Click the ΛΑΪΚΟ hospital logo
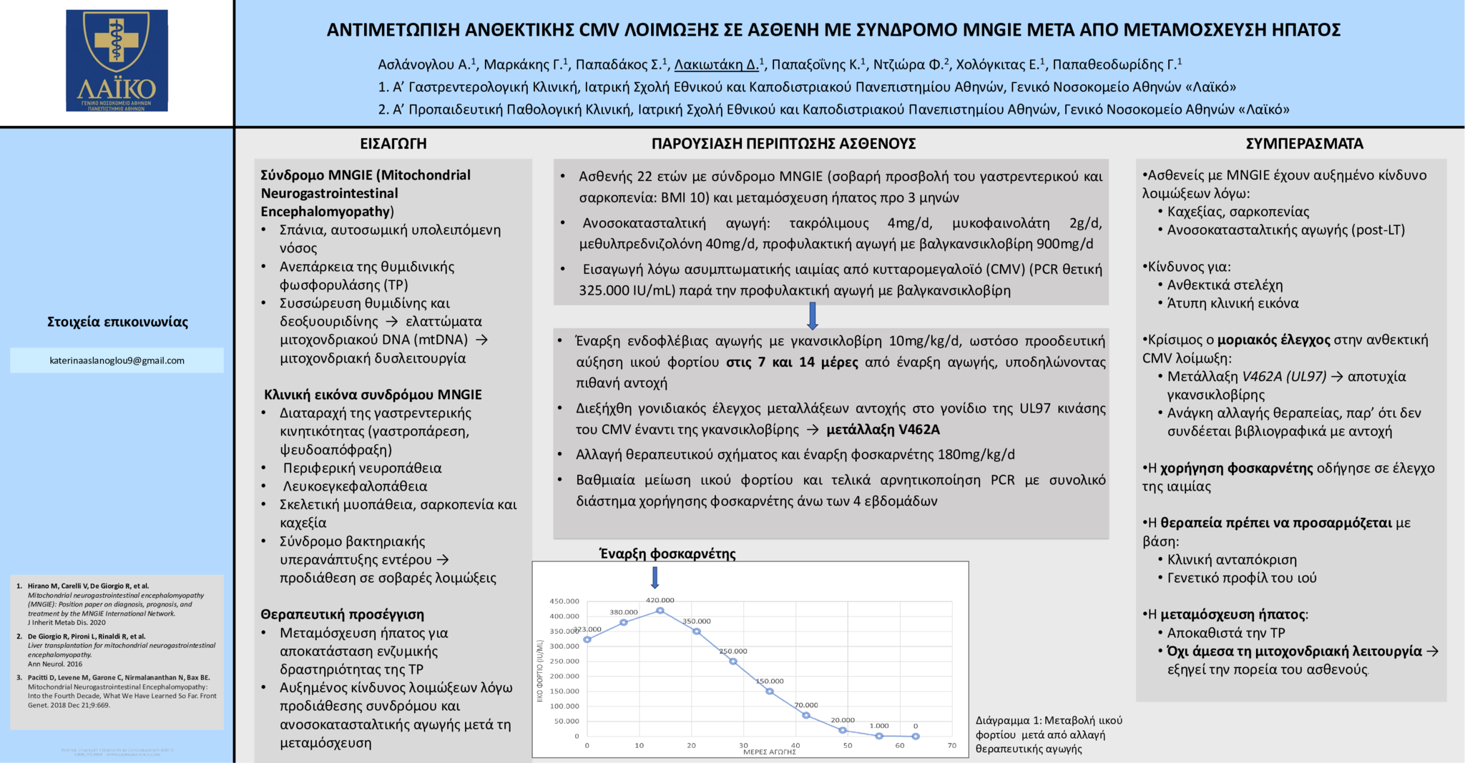[x=117, y=61]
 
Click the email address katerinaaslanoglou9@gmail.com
[x=117, y=360]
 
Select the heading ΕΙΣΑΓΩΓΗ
[x=393, y=144]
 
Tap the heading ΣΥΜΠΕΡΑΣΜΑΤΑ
[x=1304, y=144]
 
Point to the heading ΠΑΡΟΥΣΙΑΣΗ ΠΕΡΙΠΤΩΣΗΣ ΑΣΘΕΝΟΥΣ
[x=783, y=144]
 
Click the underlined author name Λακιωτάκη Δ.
[x=717, y=65]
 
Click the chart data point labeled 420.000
[x=660, y=611]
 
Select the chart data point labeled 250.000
[x=733, y=661]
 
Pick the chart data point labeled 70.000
[x=806, y=715]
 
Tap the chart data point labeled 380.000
[x=624, y=622]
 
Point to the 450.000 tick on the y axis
[x=564, y=601]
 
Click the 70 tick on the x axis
[x=952, y=745]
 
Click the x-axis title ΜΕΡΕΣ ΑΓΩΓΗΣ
[x=770, y=752]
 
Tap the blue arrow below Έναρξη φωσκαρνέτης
[x=655, y=577]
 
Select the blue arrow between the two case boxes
[x=812, y=315]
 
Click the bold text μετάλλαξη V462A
[x=883, y=430]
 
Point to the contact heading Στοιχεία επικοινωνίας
[x=117, y=322]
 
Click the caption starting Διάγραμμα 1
[x=1049, y=734]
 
